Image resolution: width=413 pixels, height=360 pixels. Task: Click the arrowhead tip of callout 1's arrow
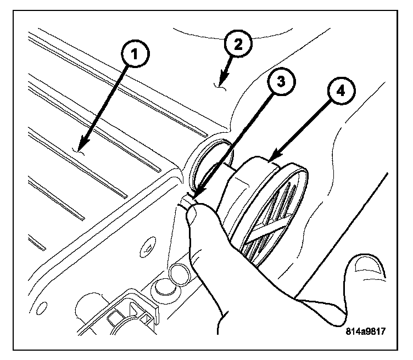pos(77,150)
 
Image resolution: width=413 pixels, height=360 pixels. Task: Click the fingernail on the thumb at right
pos(367,265)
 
